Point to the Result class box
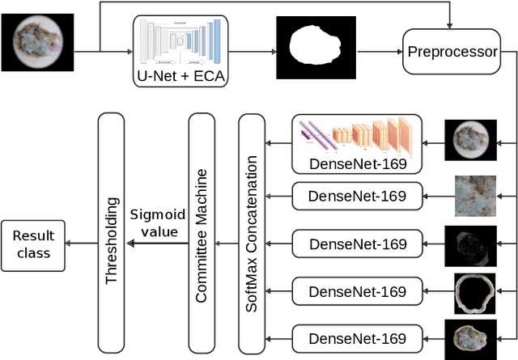pos(33,244)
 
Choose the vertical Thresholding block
pos(111,233)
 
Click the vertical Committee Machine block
pos(202,233)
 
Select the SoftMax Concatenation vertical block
pos(252,233)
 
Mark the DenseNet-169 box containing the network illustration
pos(357,144)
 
